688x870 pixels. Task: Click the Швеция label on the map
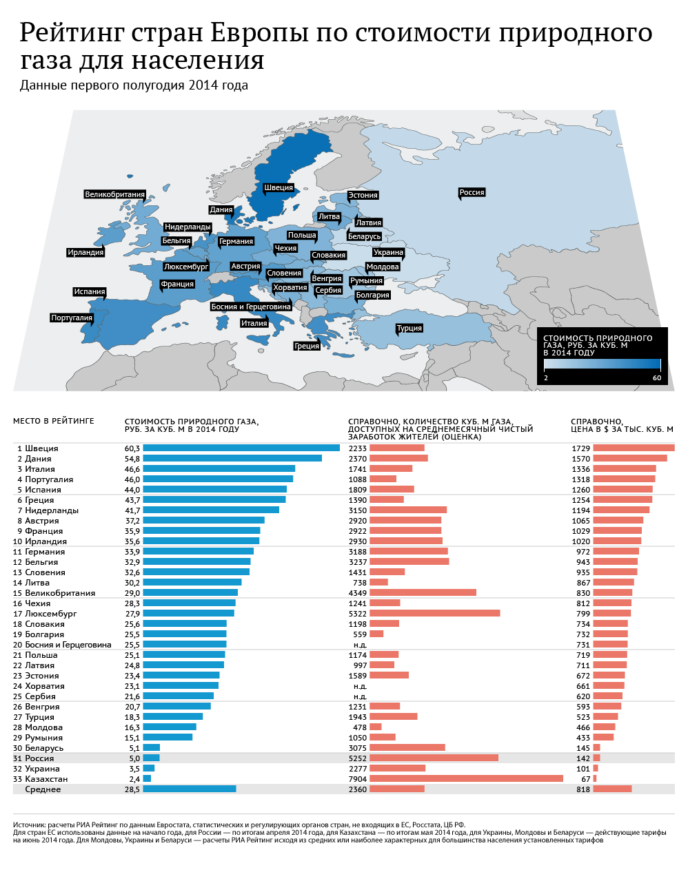pos(279,187)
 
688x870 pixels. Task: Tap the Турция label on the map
pos(409,329)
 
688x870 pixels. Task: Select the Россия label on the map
pos(472,192)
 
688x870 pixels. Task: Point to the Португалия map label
pos(72,318)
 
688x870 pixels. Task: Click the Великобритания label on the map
pos(115,194)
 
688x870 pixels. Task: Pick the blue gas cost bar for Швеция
pos(241,448)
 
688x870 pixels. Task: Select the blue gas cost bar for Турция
pos(172,717)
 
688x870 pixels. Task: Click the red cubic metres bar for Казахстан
pos(466,779)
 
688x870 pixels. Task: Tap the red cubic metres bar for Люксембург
pos(434,614)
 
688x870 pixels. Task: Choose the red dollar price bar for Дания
pos(629,459)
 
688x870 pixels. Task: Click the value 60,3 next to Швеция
pos(132,448)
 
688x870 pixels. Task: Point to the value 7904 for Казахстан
pos(358,779)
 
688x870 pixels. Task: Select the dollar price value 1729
pos(580,448)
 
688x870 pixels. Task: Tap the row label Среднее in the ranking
pos(43,789)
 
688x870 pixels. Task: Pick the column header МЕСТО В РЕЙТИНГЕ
pos(54,421)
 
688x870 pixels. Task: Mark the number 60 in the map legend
pos(656,377)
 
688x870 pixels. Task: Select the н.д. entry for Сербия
pos(360,696)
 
